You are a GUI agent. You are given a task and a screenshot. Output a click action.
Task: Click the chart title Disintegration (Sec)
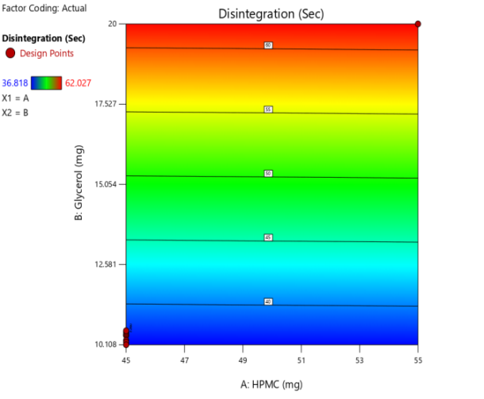click(271, 14)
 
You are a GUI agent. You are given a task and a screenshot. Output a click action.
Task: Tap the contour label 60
click(268, 45)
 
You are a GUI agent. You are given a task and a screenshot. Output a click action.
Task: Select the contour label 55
click(268, 109)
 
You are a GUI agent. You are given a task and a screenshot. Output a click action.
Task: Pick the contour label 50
click(268, 173)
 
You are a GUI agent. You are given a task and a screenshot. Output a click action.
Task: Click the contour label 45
click(268, 237)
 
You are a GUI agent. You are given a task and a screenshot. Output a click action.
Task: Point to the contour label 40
click(268, 301)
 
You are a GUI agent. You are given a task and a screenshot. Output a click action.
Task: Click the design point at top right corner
click(418, 24)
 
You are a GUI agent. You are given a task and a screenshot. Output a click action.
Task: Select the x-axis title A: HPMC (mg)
click(272, 385)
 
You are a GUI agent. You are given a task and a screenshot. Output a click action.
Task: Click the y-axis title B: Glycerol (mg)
click(79, 184)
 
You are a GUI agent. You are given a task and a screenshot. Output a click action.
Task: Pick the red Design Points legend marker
click(10, 53)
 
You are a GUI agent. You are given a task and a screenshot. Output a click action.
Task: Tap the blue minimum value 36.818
click(15, 82)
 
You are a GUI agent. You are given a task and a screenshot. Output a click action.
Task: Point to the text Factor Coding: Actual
click(33, 8)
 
